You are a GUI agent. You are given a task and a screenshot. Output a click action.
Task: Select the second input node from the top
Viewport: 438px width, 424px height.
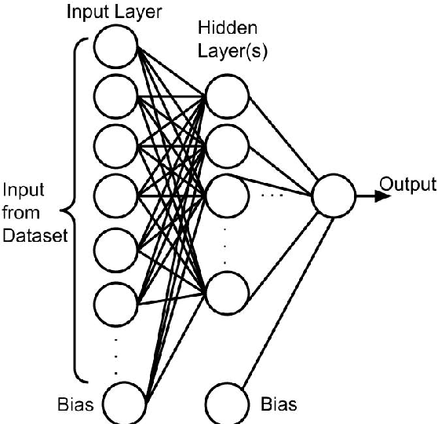tap(115, 96)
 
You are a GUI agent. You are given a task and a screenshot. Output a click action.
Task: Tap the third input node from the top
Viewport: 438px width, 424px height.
tap(115, 143)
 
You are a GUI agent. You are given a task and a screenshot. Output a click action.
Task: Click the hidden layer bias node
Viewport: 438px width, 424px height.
tap(226, 404)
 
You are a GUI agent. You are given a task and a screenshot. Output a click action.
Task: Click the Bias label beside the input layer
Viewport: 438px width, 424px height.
tap(75, 405)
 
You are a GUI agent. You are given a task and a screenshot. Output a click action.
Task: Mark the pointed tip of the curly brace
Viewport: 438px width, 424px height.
tap(64, 211)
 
